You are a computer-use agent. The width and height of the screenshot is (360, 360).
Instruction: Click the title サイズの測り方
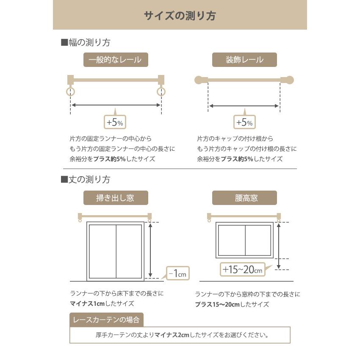point(180,16)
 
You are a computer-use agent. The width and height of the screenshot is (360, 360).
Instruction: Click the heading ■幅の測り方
point(86,42)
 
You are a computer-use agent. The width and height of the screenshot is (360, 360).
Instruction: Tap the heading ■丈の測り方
point(86,180)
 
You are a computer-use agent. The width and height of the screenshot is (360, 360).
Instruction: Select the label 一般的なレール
point(116,60)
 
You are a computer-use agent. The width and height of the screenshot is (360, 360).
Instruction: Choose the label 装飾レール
point(244,60)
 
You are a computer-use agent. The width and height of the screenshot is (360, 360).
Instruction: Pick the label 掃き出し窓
point(116,198)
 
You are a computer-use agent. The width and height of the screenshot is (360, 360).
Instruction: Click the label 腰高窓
point(244,198)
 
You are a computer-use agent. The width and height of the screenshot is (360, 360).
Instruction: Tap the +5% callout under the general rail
point(115,122)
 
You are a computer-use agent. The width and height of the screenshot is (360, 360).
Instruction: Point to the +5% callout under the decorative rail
point(244,122)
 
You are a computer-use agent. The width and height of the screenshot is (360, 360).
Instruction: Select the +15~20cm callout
point(242,269)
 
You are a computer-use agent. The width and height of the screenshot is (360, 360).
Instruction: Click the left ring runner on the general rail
point(70,91)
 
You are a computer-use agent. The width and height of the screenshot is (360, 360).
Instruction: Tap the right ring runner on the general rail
point(161,91)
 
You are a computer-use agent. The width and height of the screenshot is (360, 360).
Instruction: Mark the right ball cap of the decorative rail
point(289,80)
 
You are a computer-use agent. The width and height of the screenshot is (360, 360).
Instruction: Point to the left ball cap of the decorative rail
point(198,80)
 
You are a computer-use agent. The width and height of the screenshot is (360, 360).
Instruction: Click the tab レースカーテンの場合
point(106,319)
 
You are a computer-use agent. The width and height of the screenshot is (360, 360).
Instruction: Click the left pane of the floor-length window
point(102,252)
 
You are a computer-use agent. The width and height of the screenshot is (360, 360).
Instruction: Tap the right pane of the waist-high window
point(258,240)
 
